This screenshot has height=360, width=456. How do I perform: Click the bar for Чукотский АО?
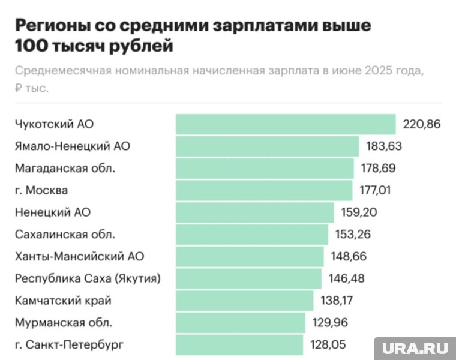(286, 124)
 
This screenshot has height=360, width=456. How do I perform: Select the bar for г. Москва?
(264, 190)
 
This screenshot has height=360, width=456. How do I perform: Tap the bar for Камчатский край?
(244, 301)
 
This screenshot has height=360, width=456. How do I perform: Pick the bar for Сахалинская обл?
(252, 234)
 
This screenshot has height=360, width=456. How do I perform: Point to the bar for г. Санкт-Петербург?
(239, 345)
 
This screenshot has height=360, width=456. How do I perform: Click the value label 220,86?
(422, 124)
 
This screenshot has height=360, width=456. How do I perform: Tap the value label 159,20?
(358, 212)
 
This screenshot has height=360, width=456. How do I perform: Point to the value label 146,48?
(346, 278)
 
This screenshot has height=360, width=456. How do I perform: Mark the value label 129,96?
(330, 323)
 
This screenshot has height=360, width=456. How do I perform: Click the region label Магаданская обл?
(65, 169)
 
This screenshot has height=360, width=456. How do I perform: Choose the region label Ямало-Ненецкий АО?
(73, 146)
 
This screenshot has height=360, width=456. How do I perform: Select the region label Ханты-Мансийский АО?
(79, 257)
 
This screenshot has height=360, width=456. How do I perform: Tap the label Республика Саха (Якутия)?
(88, 278)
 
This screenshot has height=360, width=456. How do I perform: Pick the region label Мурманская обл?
(64, 323)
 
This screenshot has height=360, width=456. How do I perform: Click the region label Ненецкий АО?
(53, 212)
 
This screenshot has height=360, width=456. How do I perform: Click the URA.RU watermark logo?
(415, 348)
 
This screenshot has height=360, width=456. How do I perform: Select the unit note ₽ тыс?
(32, 88)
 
